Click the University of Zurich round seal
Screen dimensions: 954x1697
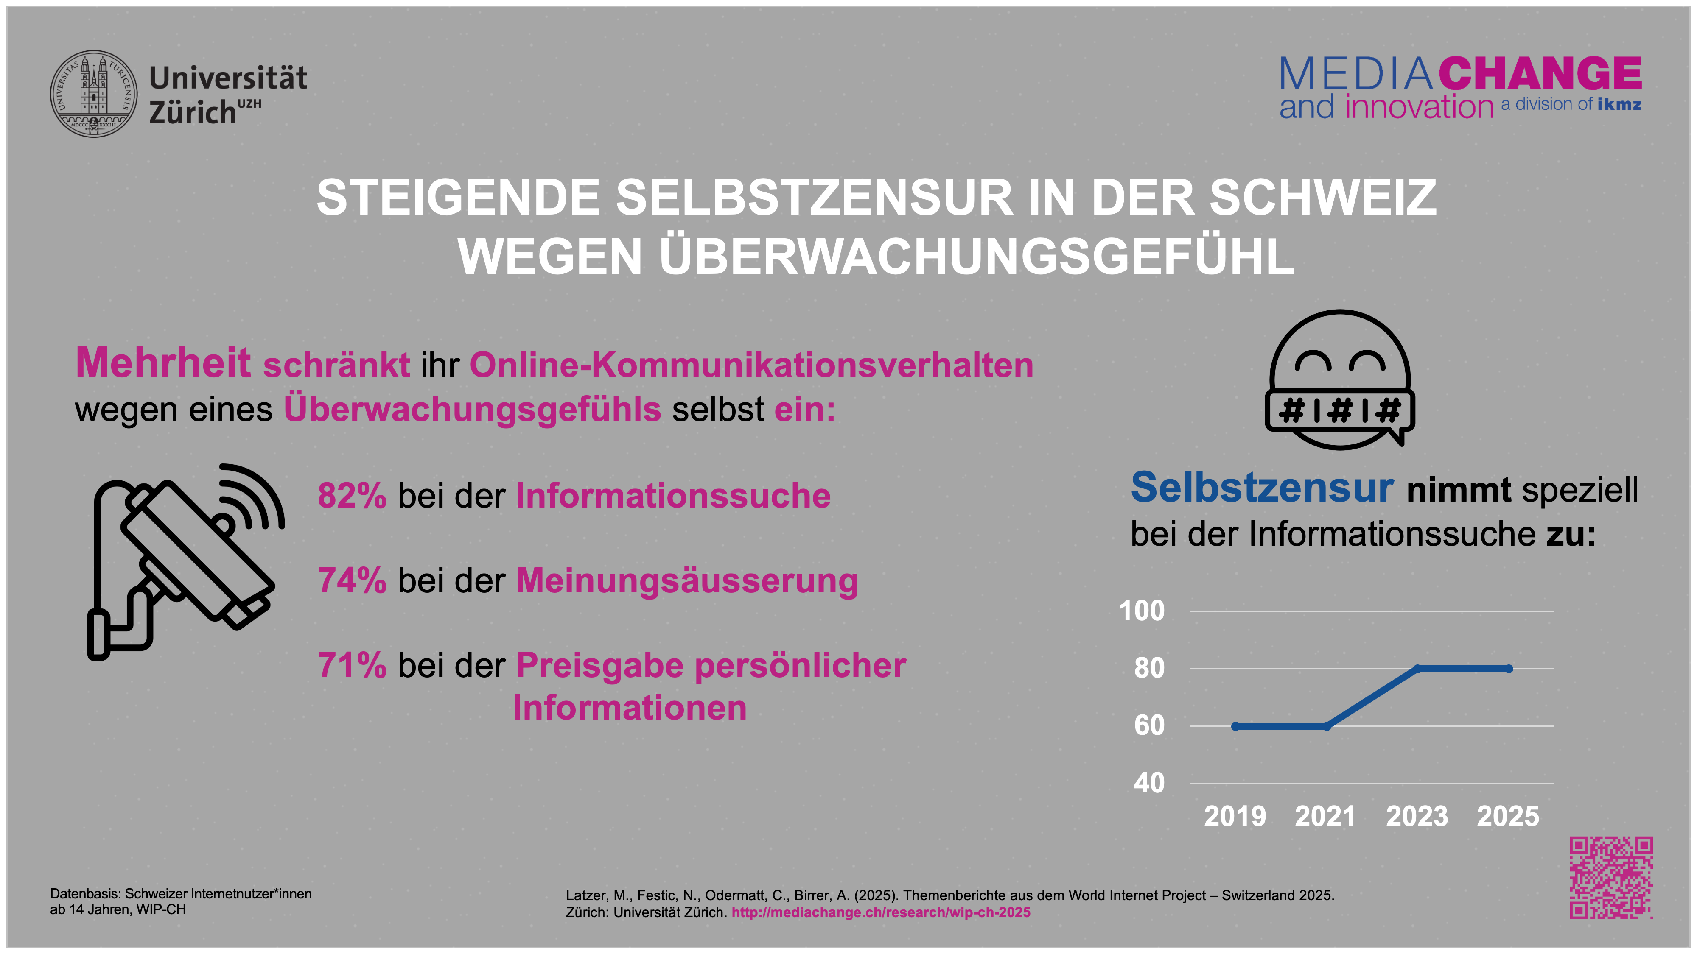tap(94, 94)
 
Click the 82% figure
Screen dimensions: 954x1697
tap(352, 496)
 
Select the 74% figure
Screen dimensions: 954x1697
tap(352, 581)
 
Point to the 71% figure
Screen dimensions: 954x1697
tap(352, 666)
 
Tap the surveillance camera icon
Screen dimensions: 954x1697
tap(185, 560)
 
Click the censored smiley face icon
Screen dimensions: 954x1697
tap(1340, 380)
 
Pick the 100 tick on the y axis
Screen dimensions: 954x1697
tap(1142, 611)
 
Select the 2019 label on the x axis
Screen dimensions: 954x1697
tap(1235, 816)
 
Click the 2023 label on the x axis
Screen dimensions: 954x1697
tap(1417, 816)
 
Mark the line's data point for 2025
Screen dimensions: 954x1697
tap(1509, 669)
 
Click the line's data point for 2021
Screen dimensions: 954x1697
tap(1327, 726)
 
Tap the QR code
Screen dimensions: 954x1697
tap(1611, 878)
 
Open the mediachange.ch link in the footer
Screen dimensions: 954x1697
tap(881, 912)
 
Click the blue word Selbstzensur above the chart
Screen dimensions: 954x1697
tap(1262, 488)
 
